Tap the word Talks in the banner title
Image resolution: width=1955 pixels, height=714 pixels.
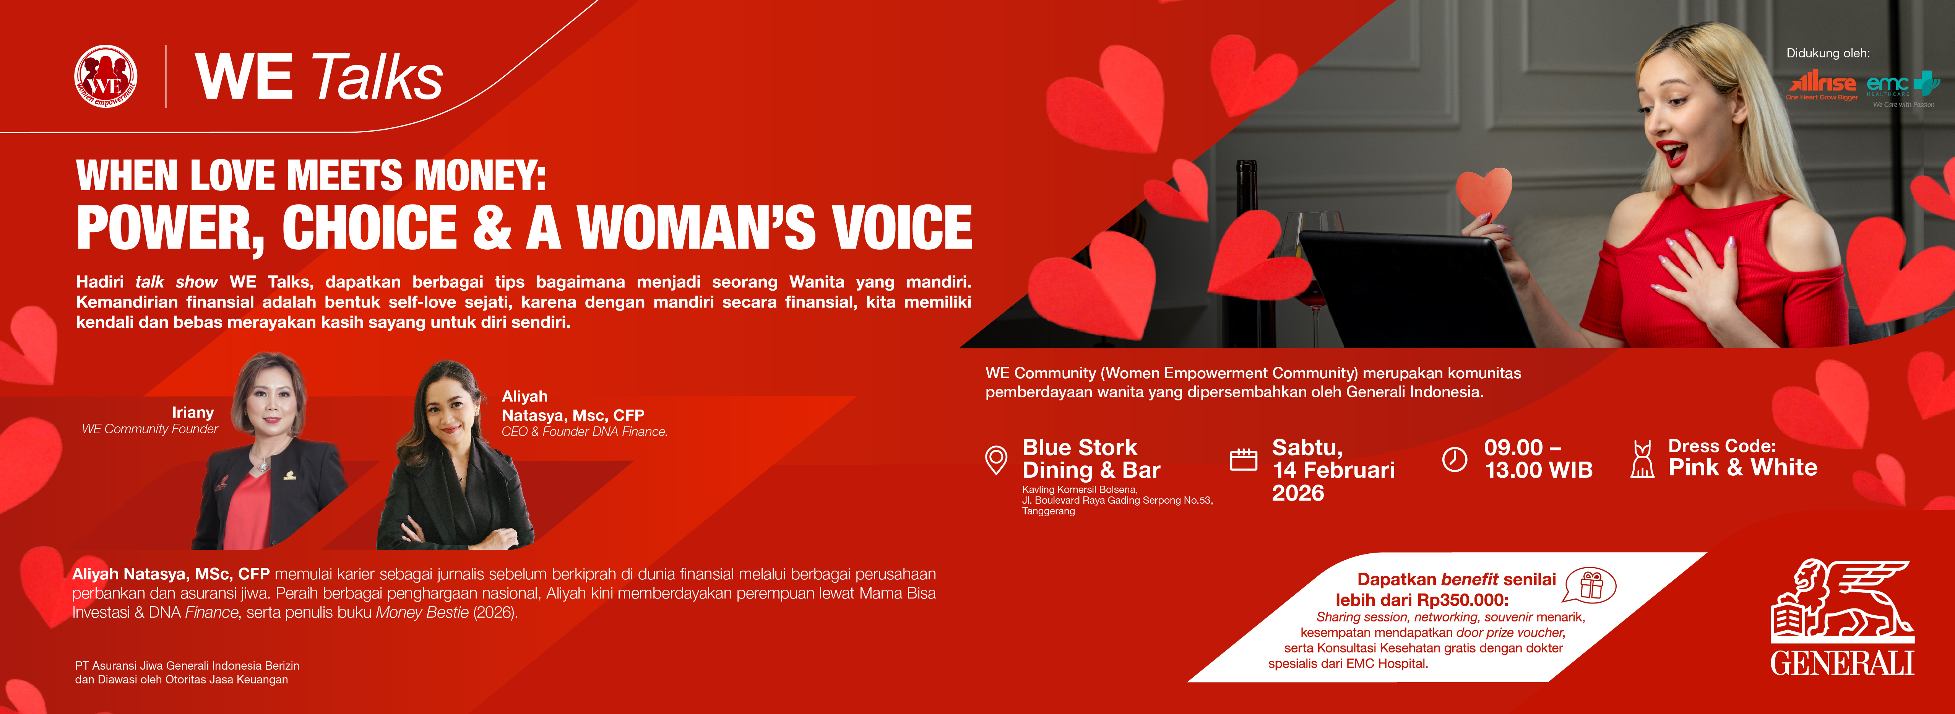point(377,77)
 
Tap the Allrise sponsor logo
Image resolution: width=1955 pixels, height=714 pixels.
point(1822,86)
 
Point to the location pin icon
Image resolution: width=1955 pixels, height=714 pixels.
point(996,460)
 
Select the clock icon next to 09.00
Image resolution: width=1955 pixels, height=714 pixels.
point(1454,460)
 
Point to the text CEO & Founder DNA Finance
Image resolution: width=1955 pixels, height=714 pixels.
point(585,431)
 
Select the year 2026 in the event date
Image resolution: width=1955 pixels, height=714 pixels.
point(1298,493)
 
